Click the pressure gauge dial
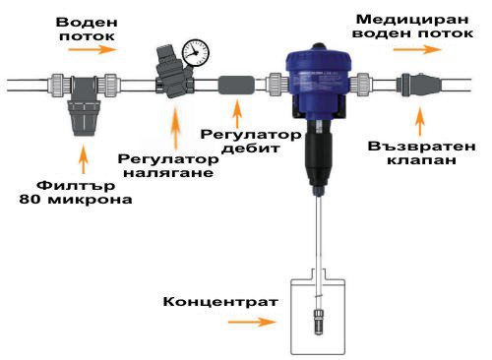(x=196, y=53)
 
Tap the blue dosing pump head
(x=319, y=81)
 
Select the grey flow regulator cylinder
(x=236, y=85)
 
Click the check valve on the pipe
(x=416, y=85)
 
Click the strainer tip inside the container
(x=319, y=322)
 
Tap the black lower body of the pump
(x=318, y=157)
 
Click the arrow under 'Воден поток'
(x=92, y=49)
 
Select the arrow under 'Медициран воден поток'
(x=417, y=49)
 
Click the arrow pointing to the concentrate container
(x=252, y=322)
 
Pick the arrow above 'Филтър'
(x=84, y=159)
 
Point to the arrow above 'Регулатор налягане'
(x=176, y=129)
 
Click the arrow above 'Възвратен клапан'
(x=420, y=121)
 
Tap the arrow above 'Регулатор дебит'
(x=237, y=113)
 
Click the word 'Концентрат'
(x=220, y=301)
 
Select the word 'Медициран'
(x=412, y=20)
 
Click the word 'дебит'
(x=251, y=149)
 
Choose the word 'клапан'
(x=422, y=160)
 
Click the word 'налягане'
(x=168, y=172)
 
